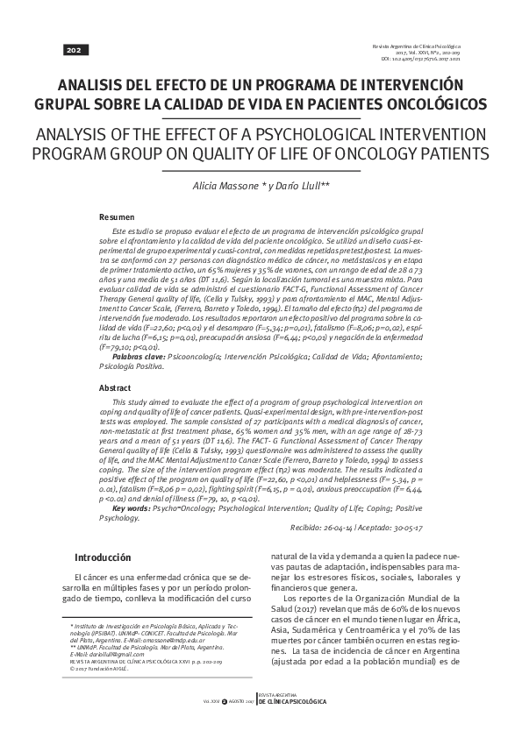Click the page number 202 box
pos(72,50)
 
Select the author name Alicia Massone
pos(225,188)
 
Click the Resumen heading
pos(117,216)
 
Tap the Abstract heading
pos(117,387)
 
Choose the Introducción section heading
pos(103,557)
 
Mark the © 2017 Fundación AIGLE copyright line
pos(98,667)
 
